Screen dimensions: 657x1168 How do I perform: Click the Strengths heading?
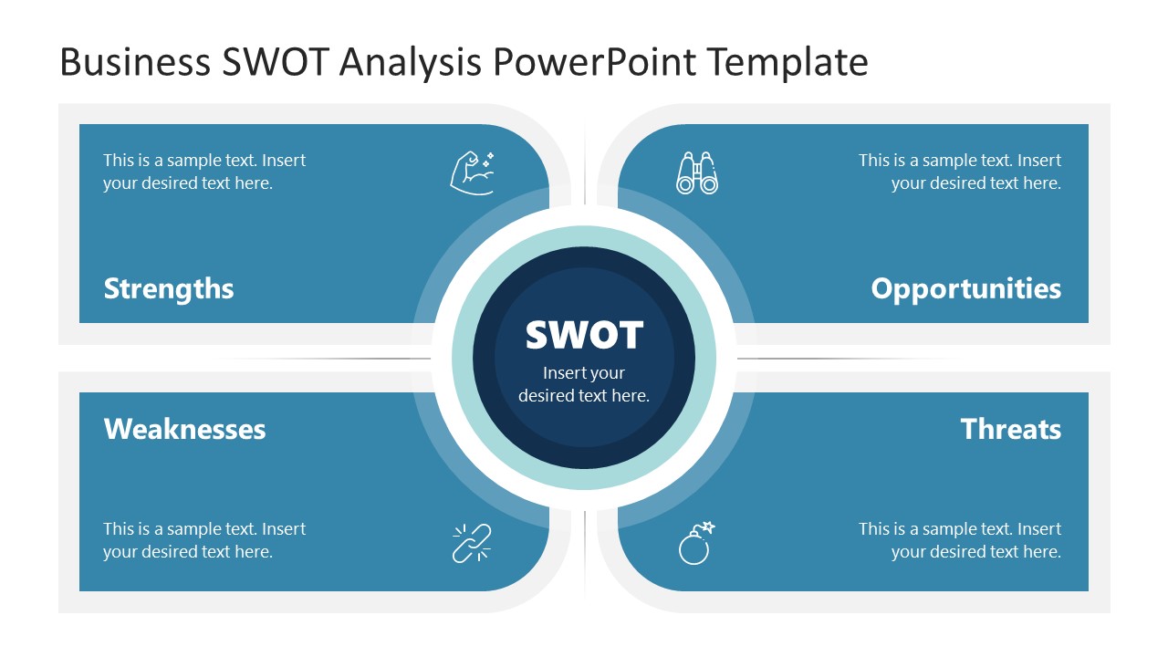169,288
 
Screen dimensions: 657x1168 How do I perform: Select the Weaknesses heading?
184,429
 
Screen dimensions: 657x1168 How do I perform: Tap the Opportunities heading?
965,288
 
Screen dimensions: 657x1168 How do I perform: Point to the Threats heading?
1011,429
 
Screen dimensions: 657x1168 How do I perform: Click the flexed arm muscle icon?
472,172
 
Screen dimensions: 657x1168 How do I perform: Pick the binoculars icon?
697,172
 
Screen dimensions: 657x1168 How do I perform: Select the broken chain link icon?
472,543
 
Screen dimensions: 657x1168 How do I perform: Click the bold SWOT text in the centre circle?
584,335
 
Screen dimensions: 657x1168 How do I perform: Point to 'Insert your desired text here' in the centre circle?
584,384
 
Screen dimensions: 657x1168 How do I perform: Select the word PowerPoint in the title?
595,62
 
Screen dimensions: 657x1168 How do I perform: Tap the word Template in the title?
787,62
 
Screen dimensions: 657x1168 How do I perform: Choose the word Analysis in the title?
411,62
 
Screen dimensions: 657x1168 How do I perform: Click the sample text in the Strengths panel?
204,172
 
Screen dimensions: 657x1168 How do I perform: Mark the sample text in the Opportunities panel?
960,172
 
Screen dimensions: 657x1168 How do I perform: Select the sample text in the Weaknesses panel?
204,540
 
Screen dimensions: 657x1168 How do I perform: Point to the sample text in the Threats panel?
960,540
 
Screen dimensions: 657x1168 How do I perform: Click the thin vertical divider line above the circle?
584,164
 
